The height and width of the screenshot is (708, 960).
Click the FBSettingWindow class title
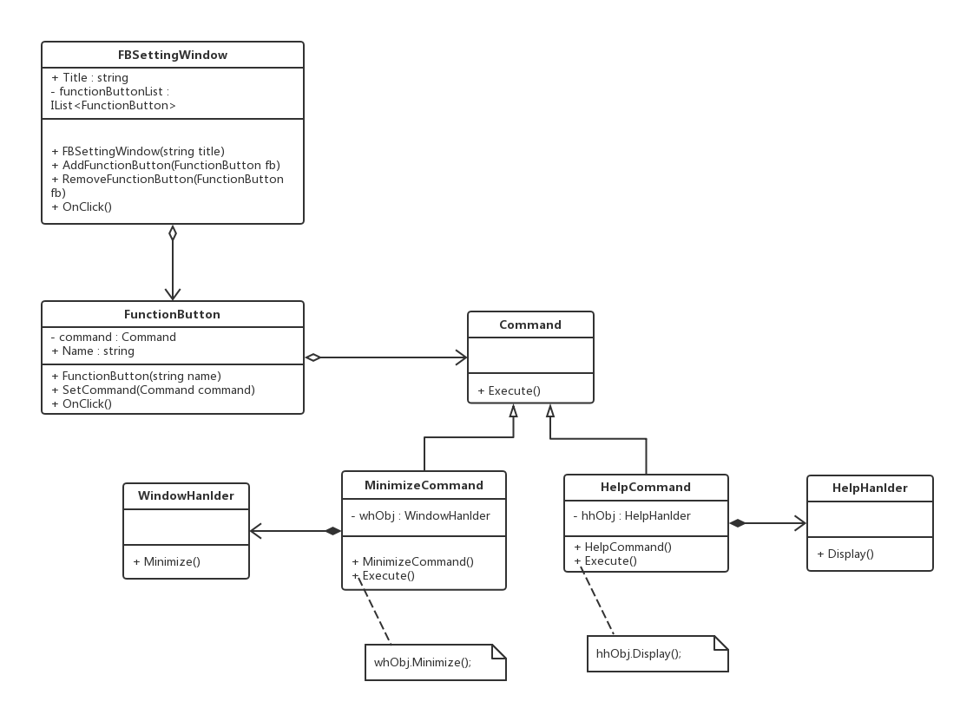click(173, 55)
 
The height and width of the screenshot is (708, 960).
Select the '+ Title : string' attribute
click(90, 78)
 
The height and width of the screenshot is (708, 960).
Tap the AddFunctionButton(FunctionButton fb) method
click(166, 165)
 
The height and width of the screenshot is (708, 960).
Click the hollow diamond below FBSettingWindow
click(173, 233)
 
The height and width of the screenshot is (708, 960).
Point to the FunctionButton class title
click(172, 315)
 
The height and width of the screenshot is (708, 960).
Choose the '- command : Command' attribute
click(113, 338)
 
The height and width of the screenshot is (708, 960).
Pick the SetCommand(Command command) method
click(153, 390)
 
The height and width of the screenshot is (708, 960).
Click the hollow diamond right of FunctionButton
click(312, 357)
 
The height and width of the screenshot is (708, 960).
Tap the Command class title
click(530, 324)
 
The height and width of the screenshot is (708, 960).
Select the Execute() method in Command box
click(510, 391)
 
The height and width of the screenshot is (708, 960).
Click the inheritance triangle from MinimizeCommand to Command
click(513, 411)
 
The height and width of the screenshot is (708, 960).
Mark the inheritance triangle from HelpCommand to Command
click(550, 411)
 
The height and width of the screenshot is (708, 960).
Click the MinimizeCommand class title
click(424, 485)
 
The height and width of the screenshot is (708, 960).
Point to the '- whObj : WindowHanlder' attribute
click(421, 516)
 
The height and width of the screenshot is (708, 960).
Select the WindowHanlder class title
click(186, 495)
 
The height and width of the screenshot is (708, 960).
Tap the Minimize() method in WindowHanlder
click(167, 561)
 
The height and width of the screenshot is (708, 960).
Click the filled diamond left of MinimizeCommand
click(333, 531)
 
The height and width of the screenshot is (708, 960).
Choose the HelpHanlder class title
click(870, 488)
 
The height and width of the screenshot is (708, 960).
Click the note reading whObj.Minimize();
click(436, 662)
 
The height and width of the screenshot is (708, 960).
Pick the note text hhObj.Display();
click(639, 653)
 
